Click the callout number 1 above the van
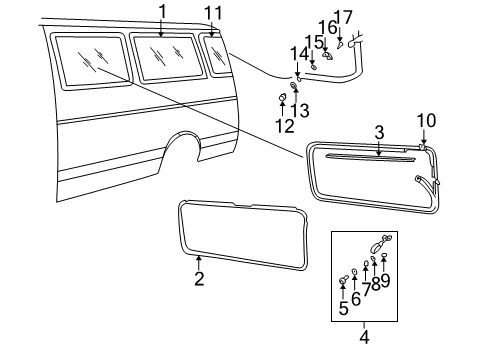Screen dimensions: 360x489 click(161, 11)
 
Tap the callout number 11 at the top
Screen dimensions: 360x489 click(211, 11)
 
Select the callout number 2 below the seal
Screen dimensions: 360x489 click(199, 280)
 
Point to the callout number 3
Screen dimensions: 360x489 click(379, 132)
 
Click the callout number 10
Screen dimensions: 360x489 click(427, 121)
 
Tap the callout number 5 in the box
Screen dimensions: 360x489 click(343, 309)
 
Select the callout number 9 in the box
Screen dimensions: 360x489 click(386, 281)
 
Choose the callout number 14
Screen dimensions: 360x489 click(297, 52)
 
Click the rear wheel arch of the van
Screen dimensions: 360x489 click(181, 150)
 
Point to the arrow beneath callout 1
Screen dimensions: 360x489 click(161, 28)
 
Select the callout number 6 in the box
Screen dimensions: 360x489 click(355, 299)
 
